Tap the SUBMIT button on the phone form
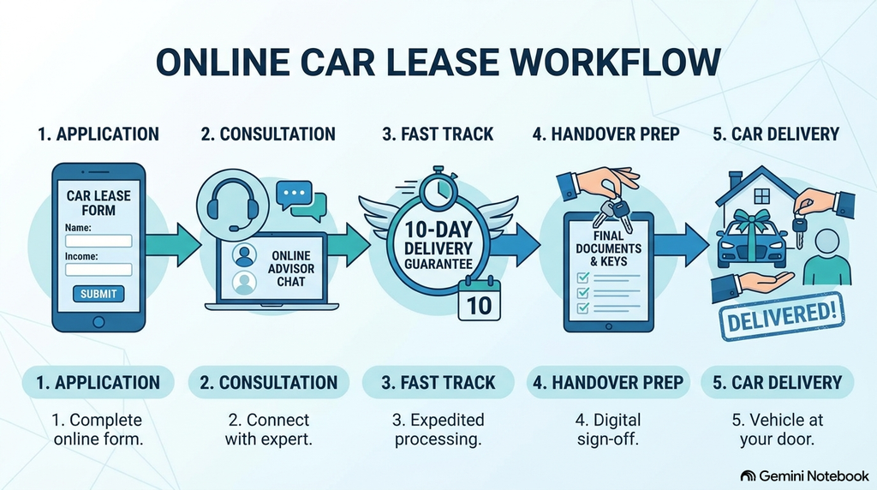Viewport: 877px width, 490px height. [x=98, y=294]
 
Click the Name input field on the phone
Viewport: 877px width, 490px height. [x=98, y=241]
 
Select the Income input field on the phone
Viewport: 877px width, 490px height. [x=98, y=270]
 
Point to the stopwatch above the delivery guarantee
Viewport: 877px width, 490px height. [x=439, y=188]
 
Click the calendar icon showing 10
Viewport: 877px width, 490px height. [x=479, y=299]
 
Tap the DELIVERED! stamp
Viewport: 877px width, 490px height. [x=782, y=316]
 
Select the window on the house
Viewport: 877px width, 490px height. [x=761, y=196]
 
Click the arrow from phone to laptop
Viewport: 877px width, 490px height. [x=173, y=245]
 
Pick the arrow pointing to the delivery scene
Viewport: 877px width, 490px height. [x=681, y=245]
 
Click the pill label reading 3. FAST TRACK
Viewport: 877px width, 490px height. [x=438, y=383]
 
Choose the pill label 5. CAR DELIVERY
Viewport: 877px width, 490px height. [x=778, y=383]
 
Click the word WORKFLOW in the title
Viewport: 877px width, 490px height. [x=615, y=62]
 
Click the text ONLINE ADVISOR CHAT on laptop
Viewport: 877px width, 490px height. [x=291, y=268]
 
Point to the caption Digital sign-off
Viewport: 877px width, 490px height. [x=609, y=429]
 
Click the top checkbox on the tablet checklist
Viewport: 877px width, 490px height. [x=582, y=277]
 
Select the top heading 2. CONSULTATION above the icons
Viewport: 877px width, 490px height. [x=268, y=134]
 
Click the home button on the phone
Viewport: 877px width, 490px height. [x=98, y=322]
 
